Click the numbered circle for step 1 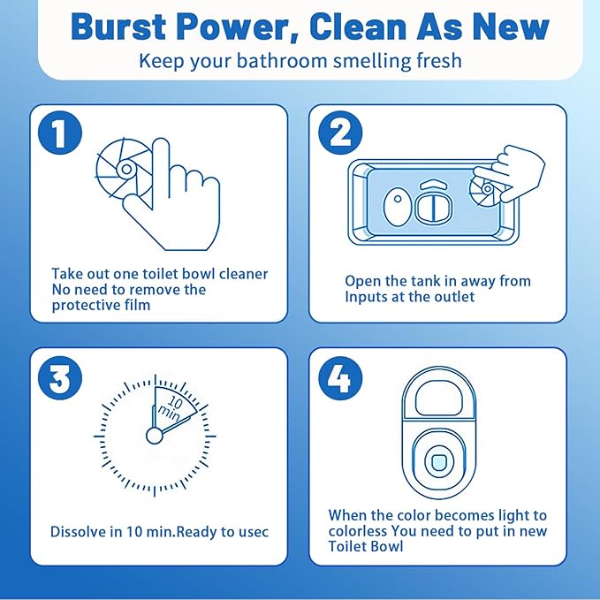(x=60, y=133)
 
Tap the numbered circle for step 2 (x=340, y=133)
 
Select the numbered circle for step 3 (x=60, y=378)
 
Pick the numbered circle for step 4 (x=340, y=378)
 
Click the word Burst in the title (x=118, y=27)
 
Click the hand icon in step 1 (x=172, y=195)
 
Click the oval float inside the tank (x=398, y=206)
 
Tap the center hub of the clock (x=155, y=436)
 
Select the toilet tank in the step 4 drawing (x=439, y=394)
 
